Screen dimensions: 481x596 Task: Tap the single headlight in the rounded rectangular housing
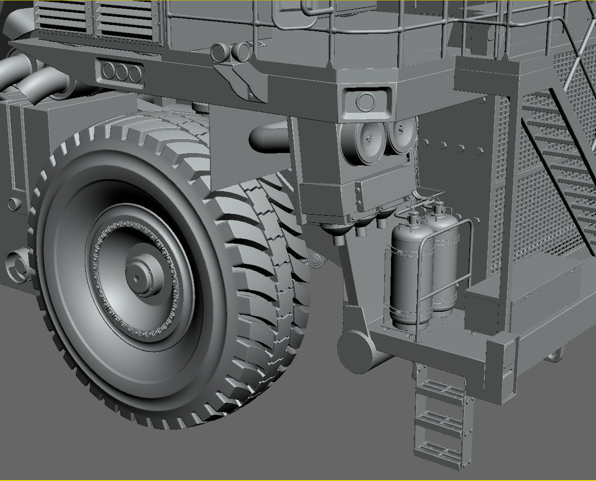(x=365, y=102)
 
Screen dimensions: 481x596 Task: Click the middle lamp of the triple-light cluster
(x=121, y=73)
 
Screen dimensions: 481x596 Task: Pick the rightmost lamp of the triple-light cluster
(x=135, y=74)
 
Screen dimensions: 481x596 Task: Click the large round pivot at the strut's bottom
(x=356, y=350)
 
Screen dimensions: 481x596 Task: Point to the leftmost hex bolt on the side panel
(x=425, y=143)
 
